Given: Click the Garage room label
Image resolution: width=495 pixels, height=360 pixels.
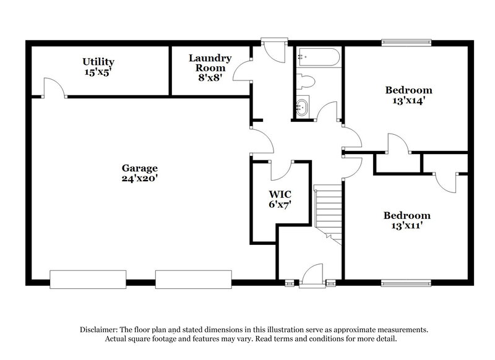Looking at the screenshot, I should coord(139,168).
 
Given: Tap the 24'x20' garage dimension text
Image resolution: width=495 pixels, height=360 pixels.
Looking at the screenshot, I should coord(139,178).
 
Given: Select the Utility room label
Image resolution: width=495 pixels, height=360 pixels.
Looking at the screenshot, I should coord(98,61).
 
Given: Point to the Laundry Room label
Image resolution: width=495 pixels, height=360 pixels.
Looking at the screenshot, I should coord(210,62).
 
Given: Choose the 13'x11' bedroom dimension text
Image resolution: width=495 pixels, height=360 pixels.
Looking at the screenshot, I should coord(407,226).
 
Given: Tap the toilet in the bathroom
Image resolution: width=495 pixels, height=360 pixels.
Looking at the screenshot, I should coord(306,81).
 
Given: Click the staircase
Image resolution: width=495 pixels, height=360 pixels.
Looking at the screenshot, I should coord(328,210).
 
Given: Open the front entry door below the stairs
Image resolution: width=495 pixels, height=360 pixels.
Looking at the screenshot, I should coord(312,276).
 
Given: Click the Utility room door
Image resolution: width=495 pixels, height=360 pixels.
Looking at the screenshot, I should coord(54,88).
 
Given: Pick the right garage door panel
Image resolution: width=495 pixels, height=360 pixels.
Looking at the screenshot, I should coord(195,279).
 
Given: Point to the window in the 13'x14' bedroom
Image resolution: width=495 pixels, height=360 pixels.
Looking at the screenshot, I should coord(405,43).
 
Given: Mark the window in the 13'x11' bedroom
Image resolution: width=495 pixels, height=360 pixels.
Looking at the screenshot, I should coord(405,283).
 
